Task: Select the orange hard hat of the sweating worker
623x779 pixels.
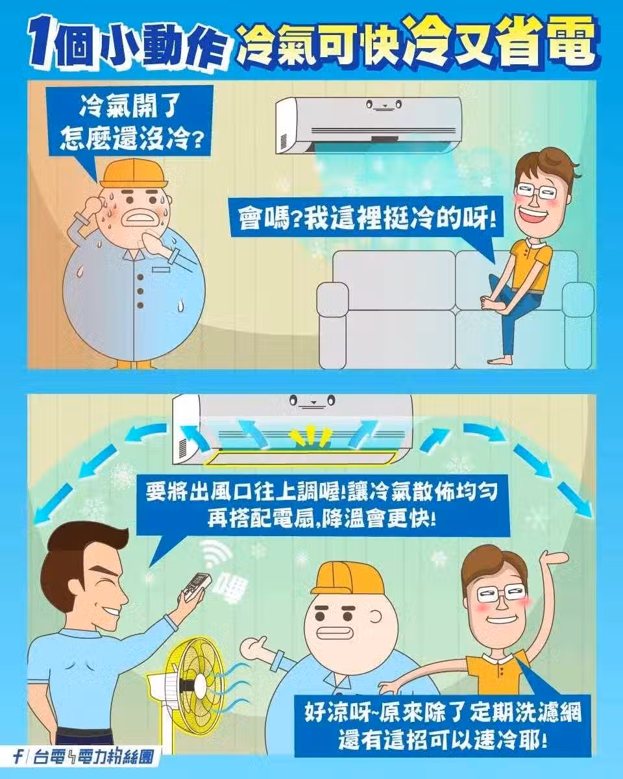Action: (134, 173)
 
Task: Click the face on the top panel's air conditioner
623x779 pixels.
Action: (384, 105)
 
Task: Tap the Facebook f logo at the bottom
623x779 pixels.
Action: (17, 756)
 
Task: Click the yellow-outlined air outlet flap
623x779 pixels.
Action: (300, 458)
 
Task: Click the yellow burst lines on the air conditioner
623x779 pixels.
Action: (310, 435)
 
